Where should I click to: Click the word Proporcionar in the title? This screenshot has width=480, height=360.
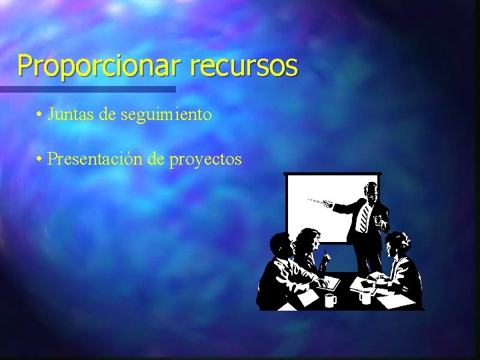click(100, 66)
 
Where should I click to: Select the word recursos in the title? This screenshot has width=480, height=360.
click(243, 66)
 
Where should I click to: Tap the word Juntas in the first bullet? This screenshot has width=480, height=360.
click(71, 115)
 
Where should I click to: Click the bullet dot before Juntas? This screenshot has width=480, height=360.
click(41, 115)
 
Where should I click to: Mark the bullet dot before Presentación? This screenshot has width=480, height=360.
click(41, 160)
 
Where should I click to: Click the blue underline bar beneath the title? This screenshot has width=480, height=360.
click(87, 89)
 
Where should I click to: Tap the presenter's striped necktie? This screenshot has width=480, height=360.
click(364, 217)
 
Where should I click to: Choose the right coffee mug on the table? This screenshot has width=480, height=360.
click(365, 297)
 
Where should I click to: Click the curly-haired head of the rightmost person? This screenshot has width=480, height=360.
click(398, 243)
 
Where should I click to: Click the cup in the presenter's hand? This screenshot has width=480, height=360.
click(379, 220)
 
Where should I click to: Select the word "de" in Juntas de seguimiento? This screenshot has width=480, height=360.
click(107, 115)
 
